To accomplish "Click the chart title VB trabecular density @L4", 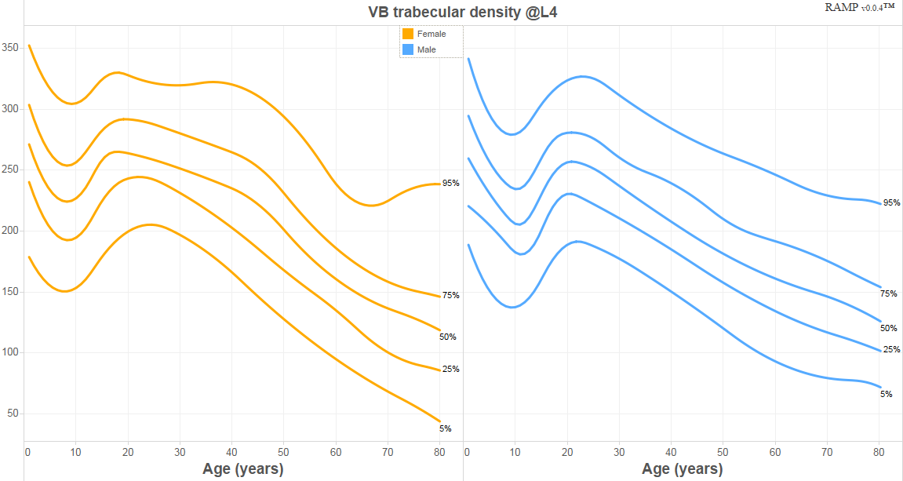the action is [462, 12].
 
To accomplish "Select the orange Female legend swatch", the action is [408, 34].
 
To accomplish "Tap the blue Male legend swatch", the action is [408, 49].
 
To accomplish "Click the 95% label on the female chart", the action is [450, 183].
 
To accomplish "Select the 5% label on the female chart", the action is [445, 428].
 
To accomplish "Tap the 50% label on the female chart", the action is [447, 337].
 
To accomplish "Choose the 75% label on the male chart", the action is [888, 293].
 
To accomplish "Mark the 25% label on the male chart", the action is [891, 349].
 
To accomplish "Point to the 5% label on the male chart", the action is [886, 394].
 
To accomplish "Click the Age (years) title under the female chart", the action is [243, 469].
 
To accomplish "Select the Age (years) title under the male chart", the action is [683, 469].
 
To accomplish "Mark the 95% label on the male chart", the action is [891, 202].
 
